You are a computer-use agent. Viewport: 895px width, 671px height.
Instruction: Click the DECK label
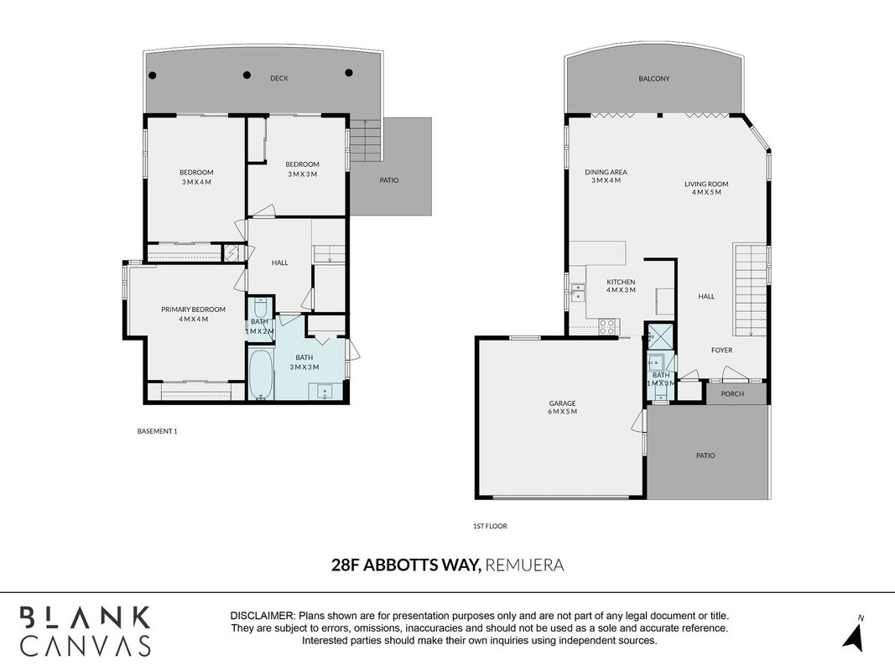pos(279,78)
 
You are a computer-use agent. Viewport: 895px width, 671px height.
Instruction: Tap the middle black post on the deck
pos(247,75)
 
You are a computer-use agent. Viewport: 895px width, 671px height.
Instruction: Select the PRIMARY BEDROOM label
pos(193,309)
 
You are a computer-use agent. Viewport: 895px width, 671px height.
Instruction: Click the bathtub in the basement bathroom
pos(262,374)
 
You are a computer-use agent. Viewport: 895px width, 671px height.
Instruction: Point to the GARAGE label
pos(562,403)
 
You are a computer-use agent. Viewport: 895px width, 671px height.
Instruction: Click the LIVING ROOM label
pos(706,184)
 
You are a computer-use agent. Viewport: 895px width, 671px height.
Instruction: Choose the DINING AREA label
pos(606,172)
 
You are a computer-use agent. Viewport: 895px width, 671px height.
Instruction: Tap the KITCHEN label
pos(621,282)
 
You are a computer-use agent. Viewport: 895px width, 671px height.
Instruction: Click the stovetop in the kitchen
pos(606,327)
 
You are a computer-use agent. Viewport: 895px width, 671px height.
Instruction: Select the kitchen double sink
pos(577,293)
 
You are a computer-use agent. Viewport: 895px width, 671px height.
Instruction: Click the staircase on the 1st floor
pos(750,290)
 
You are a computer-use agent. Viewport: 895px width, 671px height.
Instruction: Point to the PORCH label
pos(732,393)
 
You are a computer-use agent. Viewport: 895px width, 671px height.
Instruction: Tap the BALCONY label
pos(654,79)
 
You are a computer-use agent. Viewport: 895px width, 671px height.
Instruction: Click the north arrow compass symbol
pos(853,634)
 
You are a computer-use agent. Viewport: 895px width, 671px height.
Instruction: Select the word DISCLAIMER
pos(262,616)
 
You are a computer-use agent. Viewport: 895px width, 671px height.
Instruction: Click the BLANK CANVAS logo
pos(86,631)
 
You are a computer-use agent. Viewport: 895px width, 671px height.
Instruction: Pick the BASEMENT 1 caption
pos(157,431)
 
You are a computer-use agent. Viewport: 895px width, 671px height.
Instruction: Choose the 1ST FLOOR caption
pos(490,526)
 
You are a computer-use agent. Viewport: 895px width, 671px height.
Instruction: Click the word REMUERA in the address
pos(524,564)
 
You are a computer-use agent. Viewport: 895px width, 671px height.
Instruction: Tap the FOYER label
pos(721,351)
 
